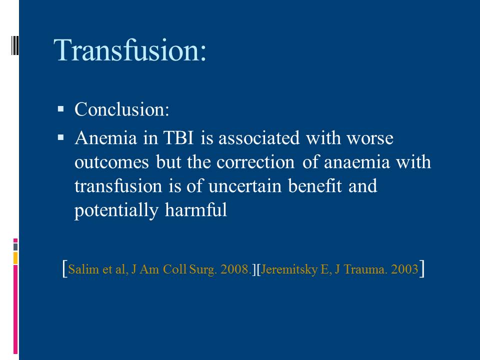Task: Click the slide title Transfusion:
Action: click(130, 50)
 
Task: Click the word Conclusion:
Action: click(122, 109)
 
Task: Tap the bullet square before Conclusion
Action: click(60, 108)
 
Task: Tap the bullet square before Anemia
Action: click(60, 138)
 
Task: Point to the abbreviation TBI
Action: click(179, 138)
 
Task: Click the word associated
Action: click(259, 138)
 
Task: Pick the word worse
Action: click(370, 138)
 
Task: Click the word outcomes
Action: click(111, 162)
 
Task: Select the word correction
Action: click(255, 162)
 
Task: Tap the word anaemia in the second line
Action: click(357, 162)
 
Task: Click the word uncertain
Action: click(245, 186)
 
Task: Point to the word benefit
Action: click(315, 186)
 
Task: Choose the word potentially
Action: click(116, 210)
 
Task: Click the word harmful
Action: click(196, 209)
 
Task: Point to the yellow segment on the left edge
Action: click(15, 258)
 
